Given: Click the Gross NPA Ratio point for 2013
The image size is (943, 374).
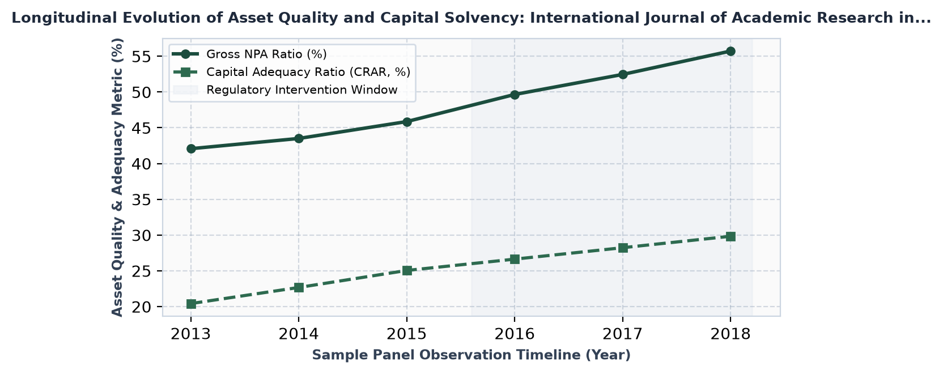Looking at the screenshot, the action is click(191, 148).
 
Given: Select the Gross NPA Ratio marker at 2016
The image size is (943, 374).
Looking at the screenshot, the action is click(515, 95).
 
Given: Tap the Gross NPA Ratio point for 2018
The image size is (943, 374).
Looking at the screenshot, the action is click(730, 52).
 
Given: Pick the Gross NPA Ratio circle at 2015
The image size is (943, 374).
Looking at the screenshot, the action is click(407, 122).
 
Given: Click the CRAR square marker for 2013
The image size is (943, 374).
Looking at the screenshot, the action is click(191, 304).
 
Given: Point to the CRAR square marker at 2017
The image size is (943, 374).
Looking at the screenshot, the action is click(623, 248).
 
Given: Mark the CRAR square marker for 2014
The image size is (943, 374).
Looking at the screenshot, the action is click(299, 288).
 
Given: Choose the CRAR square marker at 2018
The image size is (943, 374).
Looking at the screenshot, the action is click(730, 236).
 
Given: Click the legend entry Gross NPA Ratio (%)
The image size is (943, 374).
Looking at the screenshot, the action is click(266, 54).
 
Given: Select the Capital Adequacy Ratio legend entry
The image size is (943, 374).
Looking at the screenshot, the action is click(308, 72).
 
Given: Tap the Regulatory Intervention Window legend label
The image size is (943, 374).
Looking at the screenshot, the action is click(302, 90).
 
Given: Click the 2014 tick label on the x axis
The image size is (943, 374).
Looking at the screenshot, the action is click(299, 334).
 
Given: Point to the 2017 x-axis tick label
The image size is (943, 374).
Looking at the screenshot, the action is click(623, 334).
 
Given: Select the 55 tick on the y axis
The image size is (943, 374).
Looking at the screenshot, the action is click(141, 57).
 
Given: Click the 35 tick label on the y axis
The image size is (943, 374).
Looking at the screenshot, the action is click(141, 199).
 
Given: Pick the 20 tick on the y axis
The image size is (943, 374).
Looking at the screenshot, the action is click(141, 307).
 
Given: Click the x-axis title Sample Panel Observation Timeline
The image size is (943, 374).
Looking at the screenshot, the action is click(471, 355).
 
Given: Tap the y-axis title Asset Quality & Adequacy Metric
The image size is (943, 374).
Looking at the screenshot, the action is click(117, 177).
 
